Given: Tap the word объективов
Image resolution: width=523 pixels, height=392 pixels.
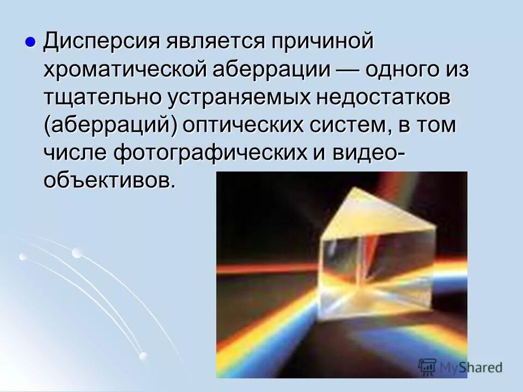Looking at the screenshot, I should tap(109, 181).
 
